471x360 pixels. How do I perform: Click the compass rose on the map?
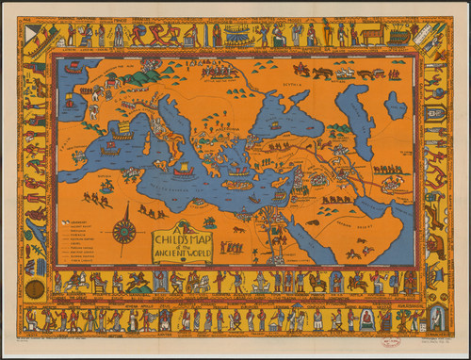123,231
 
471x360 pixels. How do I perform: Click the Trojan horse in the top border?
371,36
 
